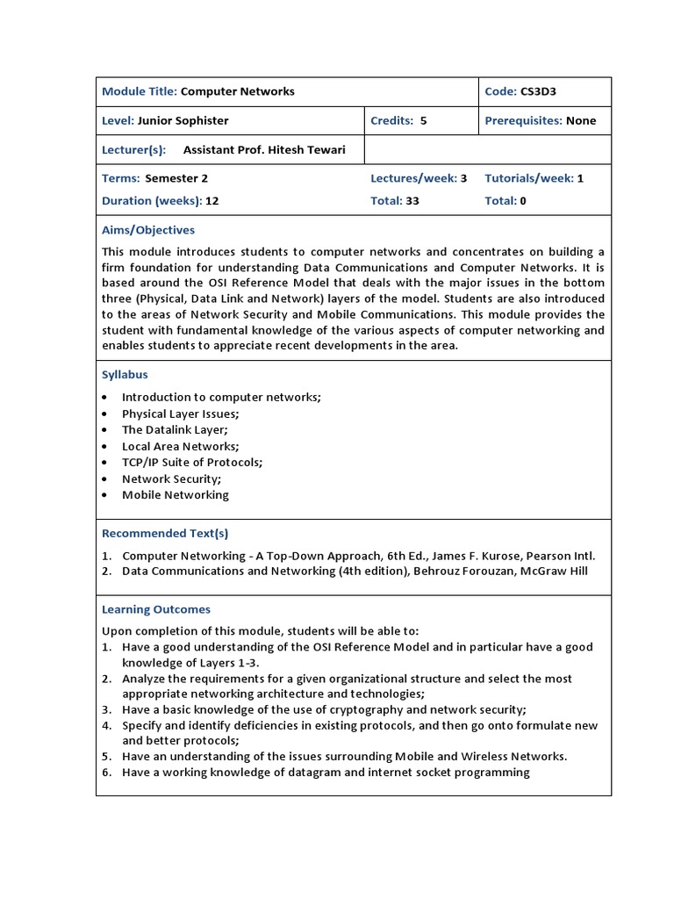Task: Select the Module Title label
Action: pyautogui.click(x=140, y=91)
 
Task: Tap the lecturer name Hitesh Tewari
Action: pyautogui.click(x=308, y=150)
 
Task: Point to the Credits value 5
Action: pyautogui.click(x=423, y=121)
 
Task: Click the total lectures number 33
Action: pyautogui.click(x=412, y=200)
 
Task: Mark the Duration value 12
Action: pyautogui.click(x=212, y=200)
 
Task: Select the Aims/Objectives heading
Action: pyautogui.click(x=148, y=230)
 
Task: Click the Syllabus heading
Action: pyautogui.click(x=125, y=375)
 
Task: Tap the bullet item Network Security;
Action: pyautogui.click(x=171, y=478)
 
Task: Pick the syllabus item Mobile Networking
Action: pyautogui.click(x=176, y=495)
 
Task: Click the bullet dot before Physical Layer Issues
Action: pyautogui.click(x=105, y=414)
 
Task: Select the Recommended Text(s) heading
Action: pyautogui.click(x=165, y=533)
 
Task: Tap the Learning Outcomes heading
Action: pyautogui.click(x=156, y=609)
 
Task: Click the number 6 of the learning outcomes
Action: pyautogui.click(x=105, y=773)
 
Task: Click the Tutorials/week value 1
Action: pyautogui.click(x=580, y=178)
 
